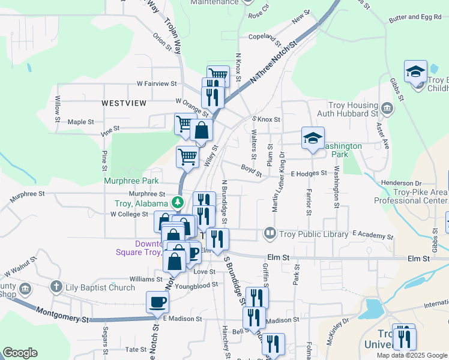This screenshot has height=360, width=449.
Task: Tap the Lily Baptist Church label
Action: tap(100, 288)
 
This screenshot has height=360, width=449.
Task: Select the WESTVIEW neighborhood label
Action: tap(124, 103)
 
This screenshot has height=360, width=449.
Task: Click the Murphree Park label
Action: tap(131, 181)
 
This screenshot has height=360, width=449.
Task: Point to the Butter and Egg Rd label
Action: tap(415, 18)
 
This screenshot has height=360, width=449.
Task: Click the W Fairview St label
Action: tap(157, 84)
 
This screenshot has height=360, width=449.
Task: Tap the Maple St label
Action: tap(81, 122)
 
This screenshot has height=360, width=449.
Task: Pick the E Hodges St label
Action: tap(309, 173)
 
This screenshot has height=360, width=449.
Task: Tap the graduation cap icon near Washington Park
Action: tap(312, 138)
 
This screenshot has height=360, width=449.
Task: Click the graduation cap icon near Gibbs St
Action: tap(415, 72)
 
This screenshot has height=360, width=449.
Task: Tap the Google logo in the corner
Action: tap(20, 353)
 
